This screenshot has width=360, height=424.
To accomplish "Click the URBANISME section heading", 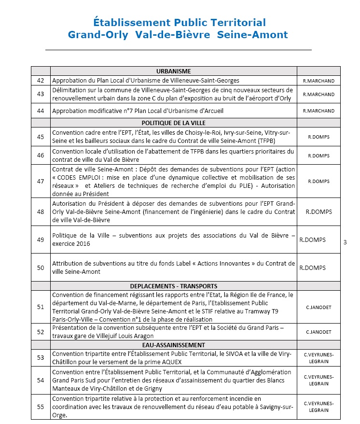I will click(x=173, y=71).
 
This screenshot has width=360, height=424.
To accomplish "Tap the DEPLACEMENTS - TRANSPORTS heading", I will click(x=173, y=286).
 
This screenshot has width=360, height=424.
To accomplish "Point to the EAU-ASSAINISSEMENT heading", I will click(x=173, y=345).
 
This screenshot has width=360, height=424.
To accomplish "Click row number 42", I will click(x=41, y=80).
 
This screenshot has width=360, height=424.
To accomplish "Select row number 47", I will click(x=41, y=182).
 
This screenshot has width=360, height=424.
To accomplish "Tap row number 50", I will click(x=41, y=268).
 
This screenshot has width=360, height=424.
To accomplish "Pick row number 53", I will click(x=41, y=357).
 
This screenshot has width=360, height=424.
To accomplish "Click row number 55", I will click(x=41, y=407).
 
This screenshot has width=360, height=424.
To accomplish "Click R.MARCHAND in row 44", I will click(x=318, y=111).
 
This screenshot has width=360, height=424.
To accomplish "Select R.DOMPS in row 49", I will click(x=313, y=240).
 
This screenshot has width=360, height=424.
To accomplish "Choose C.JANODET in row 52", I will click(x=318, y=332).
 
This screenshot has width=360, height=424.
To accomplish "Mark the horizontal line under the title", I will click(x=179, y=50).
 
